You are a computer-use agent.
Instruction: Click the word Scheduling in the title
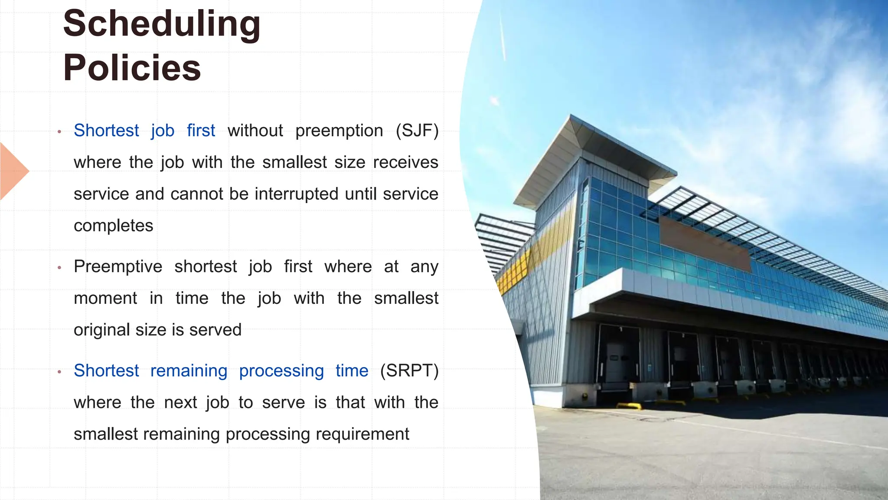pyautogui.click(x=161, y=24)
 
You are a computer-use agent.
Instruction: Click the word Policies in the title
pyautogui.click(x=132, y=68)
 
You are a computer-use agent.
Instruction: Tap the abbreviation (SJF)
pyautogui.click(x=417, y=131)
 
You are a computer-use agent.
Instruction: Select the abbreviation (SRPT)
pyautogui.click(x=409, y=371)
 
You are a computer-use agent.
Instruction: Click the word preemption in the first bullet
pyautogui.click(x=339, y=131)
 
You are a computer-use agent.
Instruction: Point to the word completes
pyautogui.click(x=113, y=226)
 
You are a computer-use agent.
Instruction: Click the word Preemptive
pyautogui.click(x=118, y=266)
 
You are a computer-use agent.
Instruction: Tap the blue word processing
pyautogui.click(x=281, y=371)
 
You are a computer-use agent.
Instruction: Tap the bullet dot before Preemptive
pyautogui.click(x=59, y=267)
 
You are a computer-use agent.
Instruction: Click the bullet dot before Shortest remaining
pyautogui.click(x=59, y=372)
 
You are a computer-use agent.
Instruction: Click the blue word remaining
pyautogui.click(x=189, y=371)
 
